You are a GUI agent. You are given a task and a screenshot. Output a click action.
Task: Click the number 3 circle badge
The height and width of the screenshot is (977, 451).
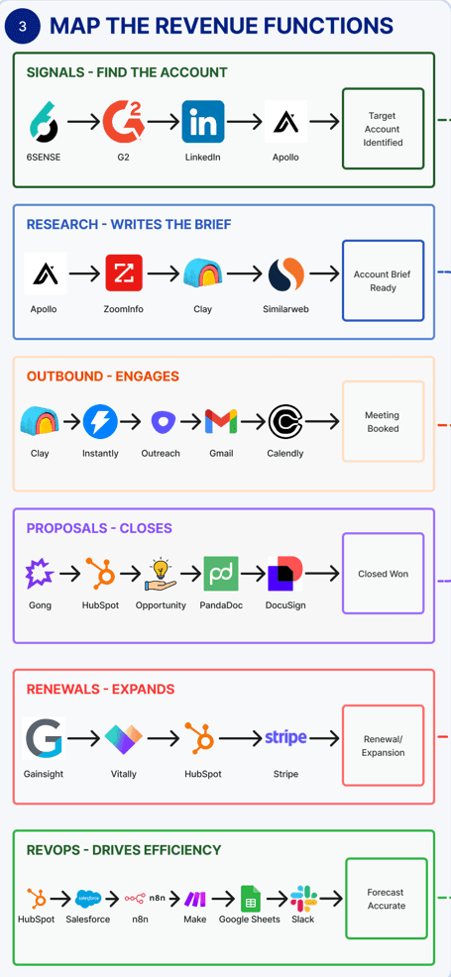click(x=23, y=26)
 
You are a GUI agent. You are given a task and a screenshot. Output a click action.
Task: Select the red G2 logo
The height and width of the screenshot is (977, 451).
click(x=124, y=122)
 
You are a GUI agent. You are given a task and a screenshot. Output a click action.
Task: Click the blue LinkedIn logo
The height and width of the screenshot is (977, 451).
click(x=203, y=122)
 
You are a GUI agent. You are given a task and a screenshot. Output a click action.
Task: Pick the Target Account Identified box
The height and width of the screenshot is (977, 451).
click(x=383, y=129)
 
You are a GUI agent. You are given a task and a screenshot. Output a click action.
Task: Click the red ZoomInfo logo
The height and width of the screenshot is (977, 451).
click(x=124, y=272)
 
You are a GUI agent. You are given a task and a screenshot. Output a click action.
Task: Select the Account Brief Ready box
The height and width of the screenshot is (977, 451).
click(x=383, y=281)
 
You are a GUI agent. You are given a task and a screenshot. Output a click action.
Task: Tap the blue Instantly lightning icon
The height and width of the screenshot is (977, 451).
click(x=100, y=421)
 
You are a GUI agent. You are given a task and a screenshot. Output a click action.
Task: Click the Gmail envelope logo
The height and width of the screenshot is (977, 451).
click(x=221, y=422)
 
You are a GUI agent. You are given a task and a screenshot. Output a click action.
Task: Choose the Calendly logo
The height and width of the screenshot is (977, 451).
click(x=285, y=422)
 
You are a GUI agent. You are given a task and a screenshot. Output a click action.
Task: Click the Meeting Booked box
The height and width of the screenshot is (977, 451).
click(x=383, y=422)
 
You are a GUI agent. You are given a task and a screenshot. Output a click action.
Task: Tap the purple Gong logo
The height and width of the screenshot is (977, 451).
click(x=40, y=574)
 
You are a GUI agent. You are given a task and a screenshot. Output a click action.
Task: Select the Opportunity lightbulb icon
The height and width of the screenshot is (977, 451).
click(x=161, y=574)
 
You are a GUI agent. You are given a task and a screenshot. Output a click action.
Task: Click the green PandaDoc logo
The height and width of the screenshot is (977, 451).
click(x=221, y=574)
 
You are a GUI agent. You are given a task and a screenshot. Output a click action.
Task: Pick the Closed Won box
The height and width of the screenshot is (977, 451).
click(x=383, y=574)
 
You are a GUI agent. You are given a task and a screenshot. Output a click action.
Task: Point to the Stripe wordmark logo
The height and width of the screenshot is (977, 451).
click(x=285, y=738)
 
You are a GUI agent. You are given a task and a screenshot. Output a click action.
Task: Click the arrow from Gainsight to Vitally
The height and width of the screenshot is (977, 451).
click(x=83, y=738)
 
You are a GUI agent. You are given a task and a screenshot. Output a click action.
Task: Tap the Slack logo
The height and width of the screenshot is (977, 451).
click(x=303, y=899)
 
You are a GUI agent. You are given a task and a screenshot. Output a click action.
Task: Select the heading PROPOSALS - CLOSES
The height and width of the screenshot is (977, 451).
click(x=99, y=528)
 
